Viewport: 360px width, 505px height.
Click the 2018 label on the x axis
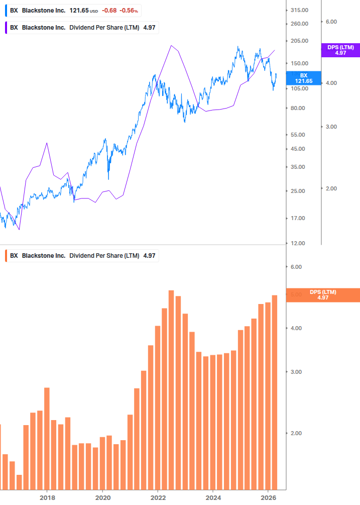[47, 498]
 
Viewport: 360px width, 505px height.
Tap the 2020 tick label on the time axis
[102, 498]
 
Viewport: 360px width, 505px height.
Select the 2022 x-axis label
[158, 498]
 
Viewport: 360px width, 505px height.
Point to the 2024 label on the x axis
[213, 498]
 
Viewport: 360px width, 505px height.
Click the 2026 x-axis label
[269, 498]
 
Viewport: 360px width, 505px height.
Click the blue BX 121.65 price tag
[303, 78]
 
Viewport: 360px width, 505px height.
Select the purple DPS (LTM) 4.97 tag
[340, 50]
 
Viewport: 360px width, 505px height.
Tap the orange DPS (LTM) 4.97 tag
[323, 295]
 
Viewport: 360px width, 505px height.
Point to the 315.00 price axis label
[299, 10]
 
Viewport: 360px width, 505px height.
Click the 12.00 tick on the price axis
[299, 243]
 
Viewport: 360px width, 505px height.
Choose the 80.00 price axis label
[299, 108]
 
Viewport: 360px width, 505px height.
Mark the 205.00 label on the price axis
[299, 41]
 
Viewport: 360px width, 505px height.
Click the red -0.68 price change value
[109, 11]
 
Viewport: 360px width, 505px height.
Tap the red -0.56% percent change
[129, 11]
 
